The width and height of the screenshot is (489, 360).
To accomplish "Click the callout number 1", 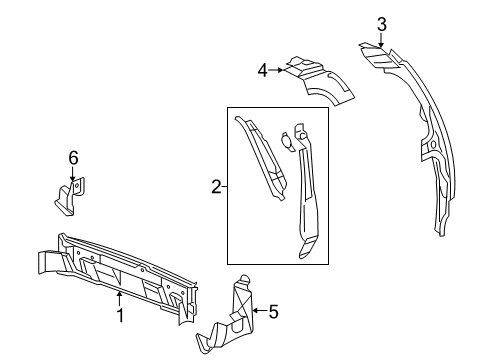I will click(120, 317).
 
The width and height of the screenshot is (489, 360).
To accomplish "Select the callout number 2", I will click(214, 185).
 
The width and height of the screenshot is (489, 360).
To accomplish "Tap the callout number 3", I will click(381, 25).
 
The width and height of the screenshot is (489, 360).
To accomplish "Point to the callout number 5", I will click(272, 312).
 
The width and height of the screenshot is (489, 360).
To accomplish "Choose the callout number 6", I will click(72, 157).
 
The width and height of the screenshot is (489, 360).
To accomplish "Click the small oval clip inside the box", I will click(287, 141).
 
